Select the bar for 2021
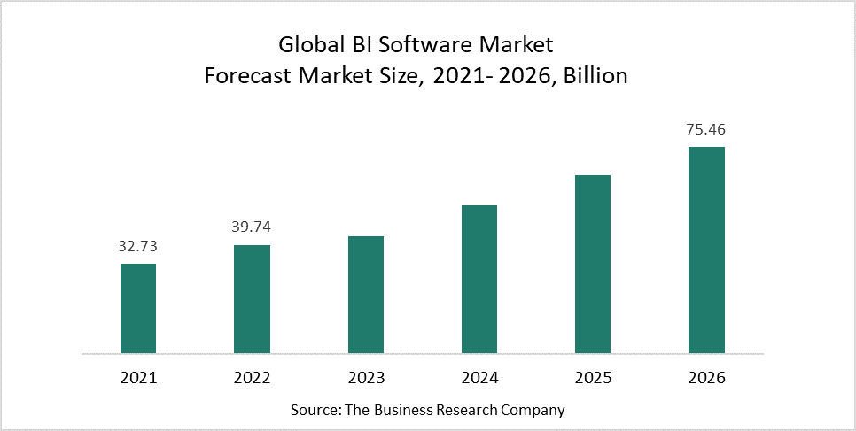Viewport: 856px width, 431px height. tap(138, 309)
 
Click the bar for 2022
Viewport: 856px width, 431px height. tap(252, 299)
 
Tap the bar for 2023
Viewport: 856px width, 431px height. tap(366, 295)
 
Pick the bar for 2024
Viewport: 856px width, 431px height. tap(479, 280)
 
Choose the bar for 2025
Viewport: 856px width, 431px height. tap(593, 265)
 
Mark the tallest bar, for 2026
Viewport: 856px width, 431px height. tap(706, 250)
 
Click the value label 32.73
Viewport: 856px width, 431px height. tap(137, 246)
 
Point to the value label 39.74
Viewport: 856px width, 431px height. tap(252, 227)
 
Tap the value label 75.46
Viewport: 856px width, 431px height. tap(706, 129)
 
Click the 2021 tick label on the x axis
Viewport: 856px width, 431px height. tap(137, 378)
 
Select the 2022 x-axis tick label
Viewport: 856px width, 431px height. tap(252, 378)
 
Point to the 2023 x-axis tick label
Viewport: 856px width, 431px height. tap(366, 378)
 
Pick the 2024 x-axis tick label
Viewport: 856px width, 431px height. tap(479, 378)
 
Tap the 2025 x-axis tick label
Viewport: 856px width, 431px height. tap(593, 378)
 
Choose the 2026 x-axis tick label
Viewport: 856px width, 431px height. tap(706, 378)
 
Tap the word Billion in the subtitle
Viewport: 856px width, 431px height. tap(596, 76)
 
